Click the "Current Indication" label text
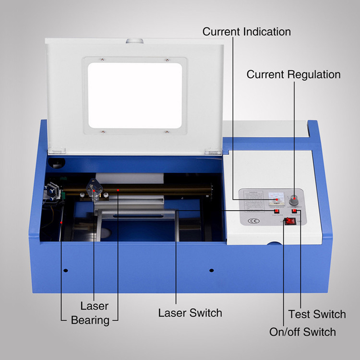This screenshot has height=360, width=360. pos(246,32)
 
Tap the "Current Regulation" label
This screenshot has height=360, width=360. pos(293,75)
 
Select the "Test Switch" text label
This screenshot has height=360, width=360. pos(317,314)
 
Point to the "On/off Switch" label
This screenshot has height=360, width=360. pos(302,332)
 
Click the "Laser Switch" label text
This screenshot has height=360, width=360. pos(190,313)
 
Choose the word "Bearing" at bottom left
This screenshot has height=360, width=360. pos(90,320)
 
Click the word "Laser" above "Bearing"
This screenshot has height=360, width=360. pos(94,306)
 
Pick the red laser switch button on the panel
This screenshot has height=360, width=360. pos(276,211)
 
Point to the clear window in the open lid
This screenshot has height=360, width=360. pos(134,95)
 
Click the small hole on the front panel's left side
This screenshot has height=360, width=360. pos(66,270)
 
